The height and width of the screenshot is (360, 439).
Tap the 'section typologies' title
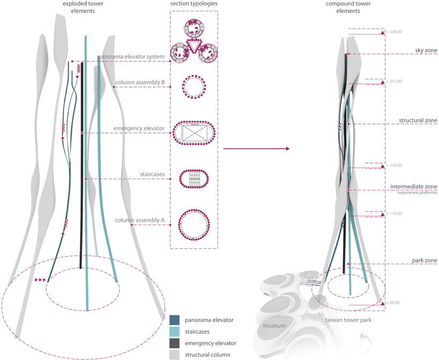194,5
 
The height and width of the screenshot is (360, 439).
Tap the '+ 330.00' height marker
394,32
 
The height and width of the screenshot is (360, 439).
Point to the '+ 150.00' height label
394,165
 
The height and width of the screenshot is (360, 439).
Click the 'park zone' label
422,260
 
